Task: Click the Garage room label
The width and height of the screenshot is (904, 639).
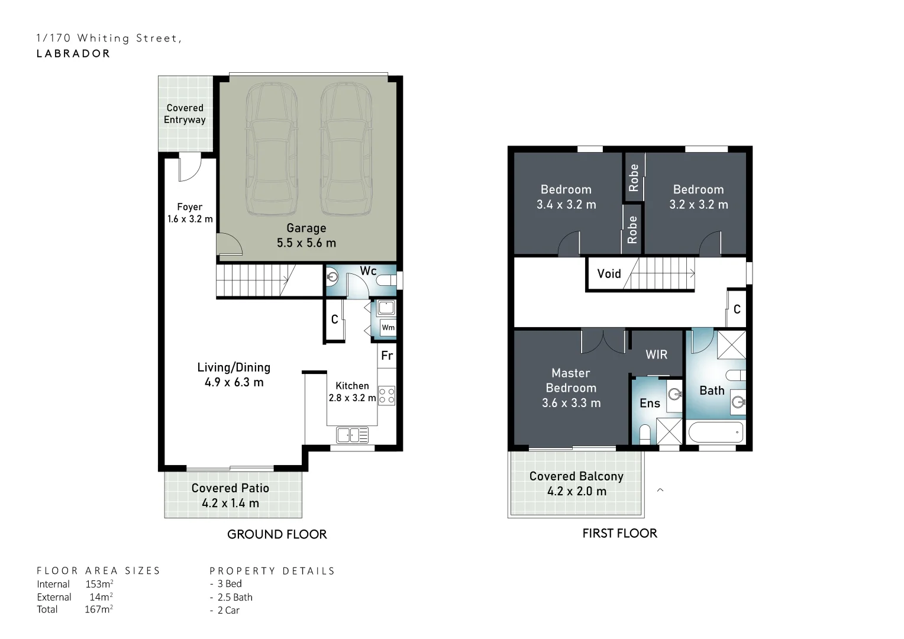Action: tap(306, 228)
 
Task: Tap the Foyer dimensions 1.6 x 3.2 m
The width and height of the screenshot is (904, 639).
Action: tap(190, 219)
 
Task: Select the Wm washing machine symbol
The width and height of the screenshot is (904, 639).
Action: tap(388, 327)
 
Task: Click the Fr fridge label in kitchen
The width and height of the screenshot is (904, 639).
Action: tap(387, 356)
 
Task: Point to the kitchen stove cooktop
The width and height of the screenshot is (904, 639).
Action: tap(386, 396)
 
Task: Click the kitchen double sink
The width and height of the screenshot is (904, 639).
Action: tap(353, 435)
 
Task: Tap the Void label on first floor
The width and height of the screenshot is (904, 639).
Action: tap(609, 274)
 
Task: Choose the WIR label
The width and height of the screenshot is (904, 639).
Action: tap(656, 355)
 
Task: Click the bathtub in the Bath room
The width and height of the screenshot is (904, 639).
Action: tap(716, 433)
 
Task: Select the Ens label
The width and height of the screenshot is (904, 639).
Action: tap(650, 404)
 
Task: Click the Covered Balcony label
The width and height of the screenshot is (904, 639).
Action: tap(576, 476)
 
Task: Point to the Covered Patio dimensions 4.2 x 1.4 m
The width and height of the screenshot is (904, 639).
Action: tap(231, 504)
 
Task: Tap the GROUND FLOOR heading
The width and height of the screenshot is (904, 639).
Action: tap(277, 534)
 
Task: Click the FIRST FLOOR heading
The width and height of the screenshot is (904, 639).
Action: tap(620, 533)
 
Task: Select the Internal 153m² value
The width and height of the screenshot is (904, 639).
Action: tap(99, 584)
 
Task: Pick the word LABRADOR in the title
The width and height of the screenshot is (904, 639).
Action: tap(73, 54)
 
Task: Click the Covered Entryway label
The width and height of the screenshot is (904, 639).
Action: tap(185, 114)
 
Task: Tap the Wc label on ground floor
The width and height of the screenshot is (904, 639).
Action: tap(368, 271)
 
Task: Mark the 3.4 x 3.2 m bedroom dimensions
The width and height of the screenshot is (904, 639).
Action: tap(566, 205)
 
